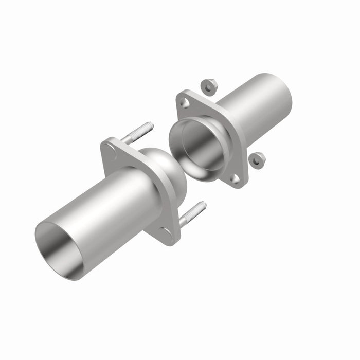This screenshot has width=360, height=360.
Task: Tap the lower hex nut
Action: [x=257, y=160]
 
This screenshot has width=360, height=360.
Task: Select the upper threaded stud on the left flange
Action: [x=138, y=132]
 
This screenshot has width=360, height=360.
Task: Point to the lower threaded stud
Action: [x=192, y=214]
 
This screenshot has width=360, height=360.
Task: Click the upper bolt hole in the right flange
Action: [x=186, y=103]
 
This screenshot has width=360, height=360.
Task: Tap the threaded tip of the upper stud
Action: [x=149, y=125]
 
